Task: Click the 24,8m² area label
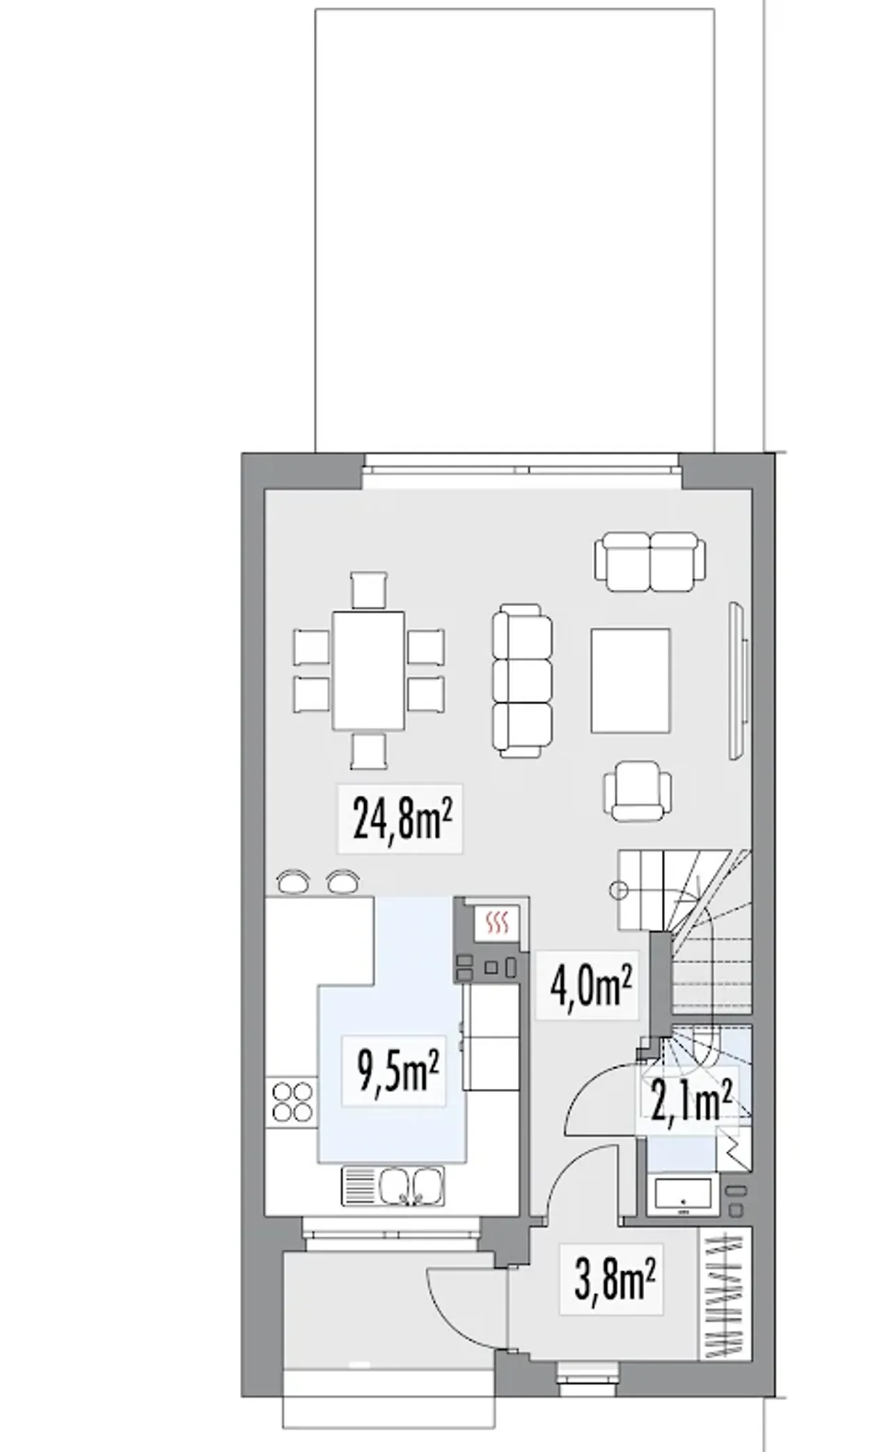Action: [x=400, y=818]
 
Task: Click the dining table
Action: [x=368, y=670]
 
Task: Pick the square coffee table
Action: [x=631, y=680]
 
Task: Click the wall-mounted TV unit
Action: [x=738, y=680]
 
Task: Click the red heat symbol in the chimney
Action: [x=496, y=923]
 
